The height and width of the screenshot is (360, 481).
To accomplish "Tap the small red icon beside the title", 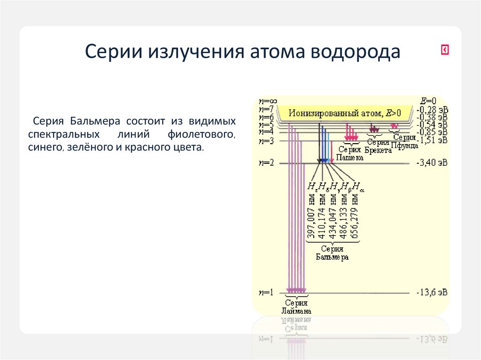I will click(x=445, y=50).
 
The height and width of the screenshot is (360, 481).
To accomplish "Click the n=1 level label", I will click(x=266, y=292).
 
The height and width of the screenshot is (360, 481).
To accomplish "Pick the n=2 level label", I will click(x=266, y=163).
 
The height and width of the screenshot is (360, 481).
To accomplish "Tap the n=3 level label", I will click(x=266, y=141).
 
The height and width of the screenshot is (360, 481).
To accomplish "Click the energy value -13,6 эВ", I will click(x=432, y=292).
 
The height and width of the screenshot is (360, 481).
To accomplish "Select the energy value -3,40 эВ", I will click(x=432, y=163).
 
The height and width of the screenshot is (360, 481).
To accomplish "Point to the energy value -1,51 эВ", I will click(x=432, y=140).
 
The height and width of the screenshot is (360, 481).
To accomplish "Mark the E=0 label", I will click(x=428, y=101).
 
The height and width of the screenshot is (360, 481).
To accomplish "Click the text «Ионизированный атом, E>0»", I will click(x=345, y=113).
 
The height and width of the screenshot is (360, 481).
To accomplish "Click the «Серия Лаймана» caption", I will click(x=296, y=307).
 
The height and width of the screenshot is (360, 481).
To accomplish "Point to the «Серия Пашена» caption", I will click(x=349, y=154).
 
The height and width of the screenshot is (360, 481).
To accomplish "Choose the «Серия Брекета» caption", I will click(x=378, y=146).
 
